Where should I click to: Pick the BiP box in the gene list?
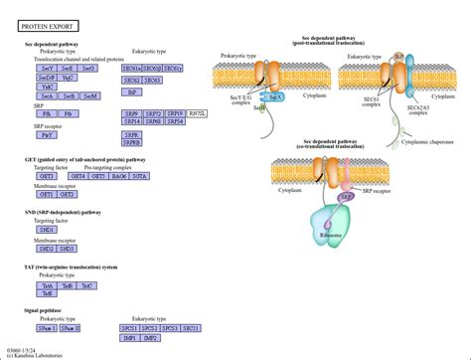130,90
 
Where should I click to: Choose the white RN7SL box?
197,113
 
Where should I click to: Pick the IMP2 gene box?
152,337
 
